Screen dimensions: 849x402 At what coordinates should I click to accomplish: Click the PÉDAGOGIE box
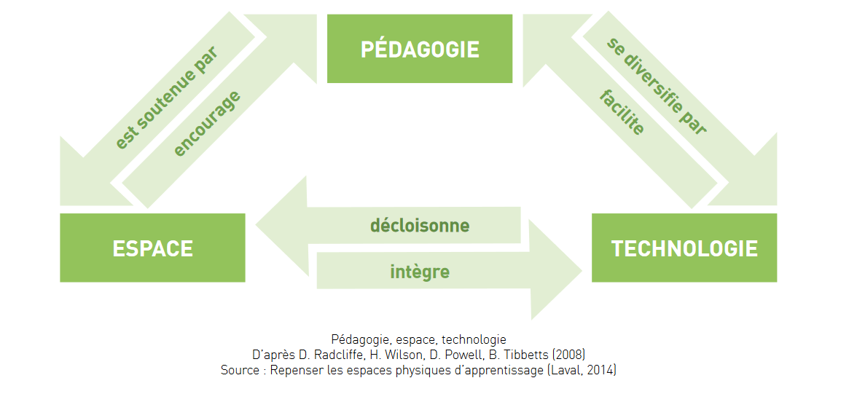[420, 49]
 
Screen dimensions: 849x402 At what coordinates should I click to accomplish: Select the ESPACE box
[153, 248]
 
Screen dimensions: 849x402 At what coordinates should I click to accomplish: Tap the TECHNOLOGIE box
[684, 248]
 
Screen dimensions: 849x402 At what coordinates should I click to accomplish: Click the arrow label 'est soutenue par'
[166, 98]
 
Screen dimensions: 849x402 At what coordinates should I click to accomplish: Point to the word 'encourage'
[207, 124]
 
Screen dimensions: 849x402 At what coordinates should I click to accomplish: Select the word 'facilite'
[622, 113]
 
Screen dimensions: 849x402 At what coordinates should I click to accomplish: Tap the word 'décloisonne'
[420, 225]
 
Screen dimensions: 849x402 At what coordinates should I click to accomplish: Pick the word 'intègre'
[420, 271]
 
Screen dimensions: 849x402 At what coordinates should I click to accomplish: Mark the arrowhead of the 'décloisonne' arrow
[281, 225]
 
